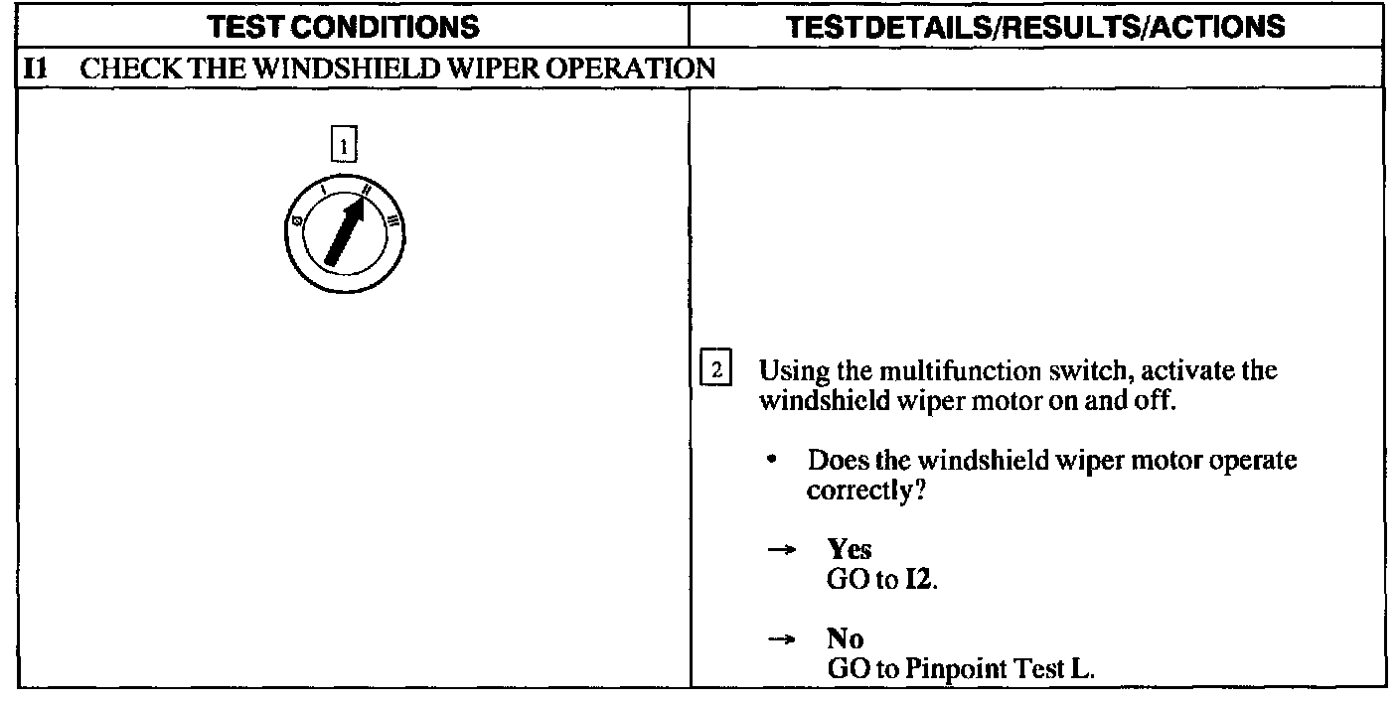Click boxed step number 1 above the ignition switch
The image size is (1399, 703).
(343, 146)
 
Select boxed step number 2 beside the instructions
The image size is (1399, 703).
(715, 372)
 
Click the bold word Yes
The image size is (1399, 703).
(850, 549)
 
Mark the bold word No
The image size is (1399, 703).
(846, 638)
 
